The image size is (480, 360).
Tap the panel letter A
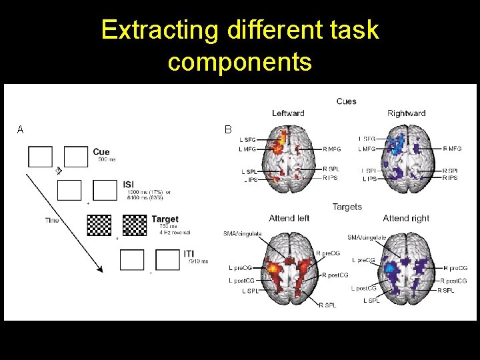click(x=21, y=130)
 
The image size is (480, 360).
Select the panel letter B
click(x=228, y=130)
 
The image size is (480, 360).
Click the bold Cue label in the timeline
click(x=101, y=152)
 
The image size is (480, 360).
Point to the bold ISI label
click(x=131, y=185)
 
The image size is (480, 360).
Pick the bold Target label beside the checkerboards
click(x=165, y=219)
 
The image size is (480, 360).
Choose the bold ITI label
click(x=189, y=254)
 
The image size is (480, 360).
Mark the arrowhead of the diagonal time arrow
click(x=100, y=269)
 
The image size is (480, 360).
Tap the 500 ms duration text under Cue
click(x=107, y=160)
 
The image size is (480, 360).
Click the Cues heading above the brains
click(x=346, y=101)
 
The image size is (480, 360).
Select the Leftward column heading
click(x=288, y=113)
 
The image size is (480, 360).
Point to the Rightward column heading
click(x=406, y=113)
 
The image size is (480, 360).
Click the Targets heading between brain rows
click(x=347, y=207)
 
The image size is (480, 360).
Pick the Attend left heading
click(x=289, y=219)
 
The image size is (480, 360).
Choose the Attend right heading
click(x=406, y=219)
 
